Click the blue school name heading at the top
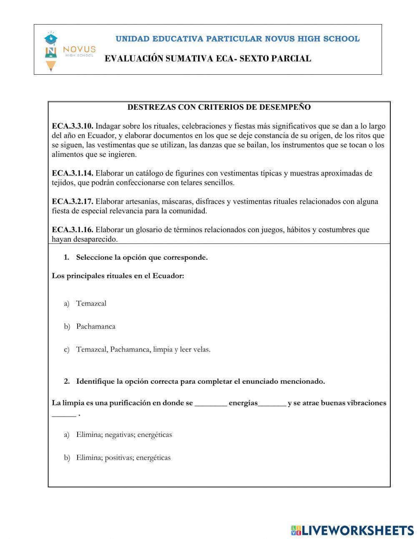(x=237, y=39)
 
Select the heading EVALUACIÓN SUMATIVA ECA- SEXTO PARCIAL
(x=208, y=59)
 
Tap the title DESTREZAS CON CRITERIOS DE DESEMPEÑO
(x=219, y=107)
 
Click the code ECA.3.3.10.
(x=73, y=126)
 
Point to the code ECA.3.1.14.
(x=73, y=173)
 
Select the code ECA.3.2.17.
(x=73, y=202)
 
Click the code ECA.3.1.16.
(x=73, y=230)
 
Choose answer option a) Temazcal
(x=91, y=304)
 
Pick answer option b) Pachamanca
(x=95, y=326)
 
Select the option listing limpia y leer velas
(x=143, y=350)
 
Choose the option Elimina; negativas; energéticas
(x=124, y=435)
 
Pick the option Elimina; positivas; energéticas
(x=123, y=458)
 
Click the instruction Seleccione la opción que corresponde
(x=142, y=258)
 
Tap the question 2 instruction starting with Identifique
(x=200, y=382)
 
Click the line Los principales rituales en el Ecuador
(x=118, y=276)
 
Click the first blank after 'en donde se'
(x=211, y=404)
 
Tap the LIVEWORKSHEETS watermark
(x=352, y=530)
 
